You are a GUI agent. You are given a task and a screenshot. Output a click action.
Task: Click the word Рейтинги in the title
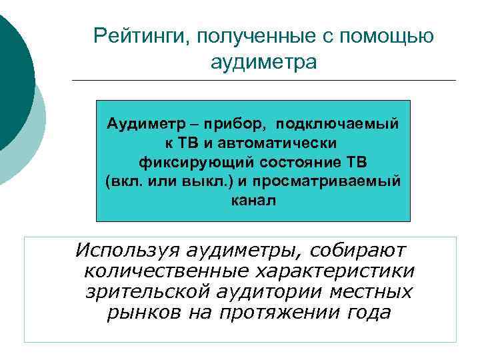pos(137,35)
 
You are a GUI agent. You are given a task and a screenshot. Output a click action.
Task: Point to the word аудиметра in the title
pos(263,62)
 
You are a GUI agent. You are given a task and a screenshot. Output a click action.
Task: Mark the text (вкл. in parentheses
pos(122,181)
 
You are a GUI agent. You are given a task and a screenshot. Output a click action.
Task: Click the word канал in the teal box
pos(253,200)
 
